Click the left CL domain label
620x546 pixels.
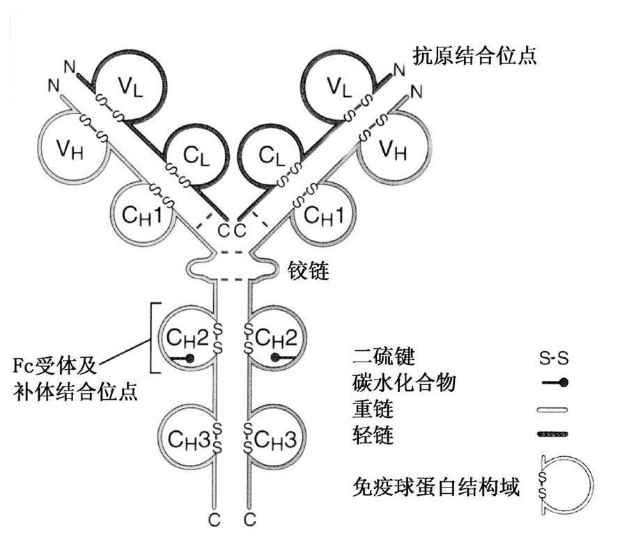coord(186,155)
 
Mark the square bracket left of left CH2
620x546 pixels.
coord(155,338)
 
